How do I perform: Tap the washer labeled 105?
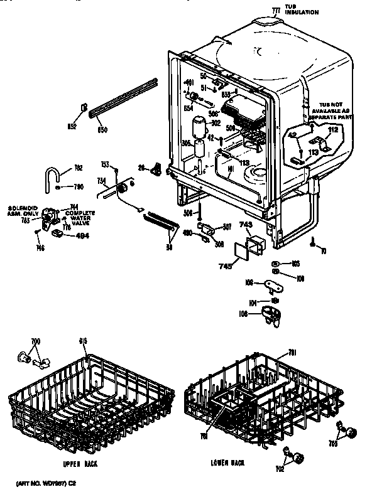(x=277, y=264)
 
